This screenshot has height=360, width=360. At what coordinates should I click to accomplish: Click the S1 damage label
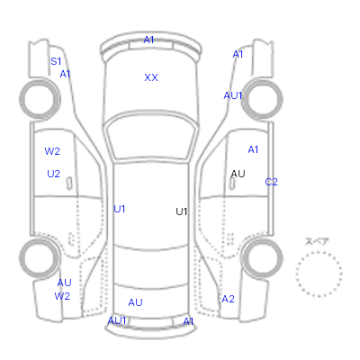pos(56,61)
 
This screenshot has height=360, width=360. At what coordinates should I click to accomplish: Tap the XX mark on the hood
pos(151,77)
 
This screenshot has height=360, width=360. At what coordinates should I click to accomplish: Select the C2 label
pos(271,182)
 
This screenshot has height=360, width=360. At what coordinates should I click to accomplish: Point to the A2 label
pos(228,299)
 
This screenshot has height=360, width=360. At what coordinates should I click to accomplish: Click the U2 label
pos(53,174)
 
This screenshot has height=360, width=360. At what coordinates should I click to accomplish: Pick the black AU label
pos(238,174)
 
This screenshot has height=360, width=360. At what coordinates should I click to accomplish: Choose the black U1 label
pos(182,211)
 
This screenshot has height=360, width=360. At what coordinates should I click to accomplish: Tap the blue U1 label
pos(120,209)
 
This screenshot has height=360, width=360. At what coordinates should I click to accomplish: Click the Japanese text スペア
pos(317,241)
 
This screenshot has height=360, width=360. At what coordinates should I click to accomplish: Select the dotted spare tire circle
pos(319,252)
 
